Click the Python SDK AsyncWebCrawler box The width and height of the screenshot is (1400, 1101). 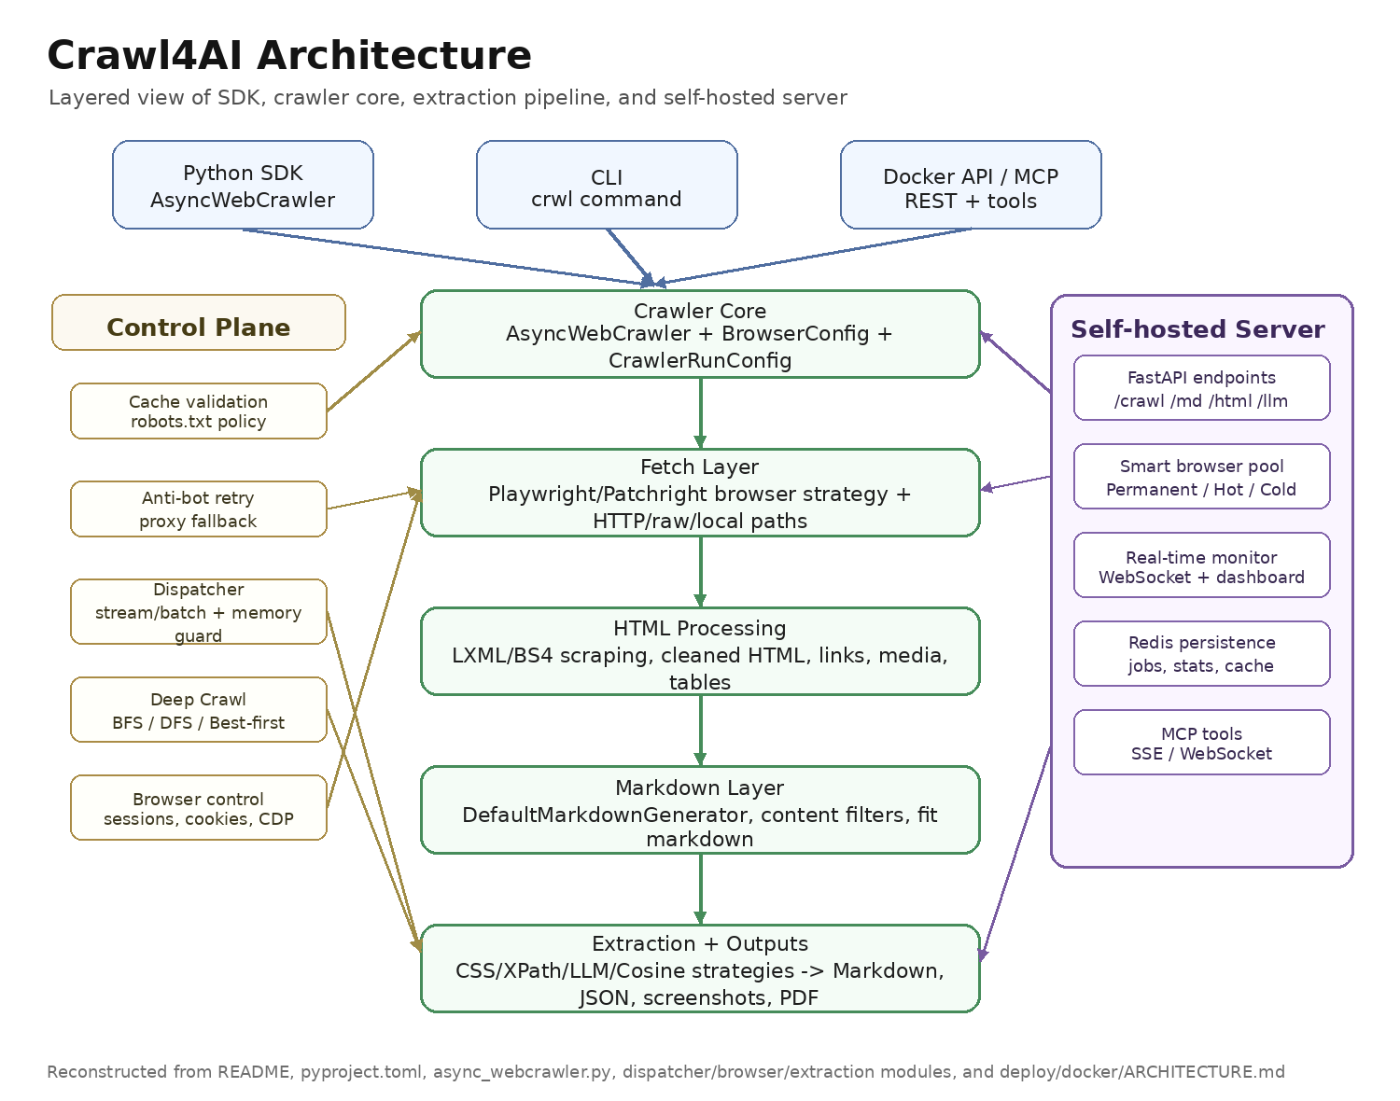[243, 185]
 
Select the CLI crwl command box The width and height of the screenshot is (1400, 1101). [607, 185]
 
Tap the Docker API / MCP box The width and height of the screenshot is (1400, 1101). [971, 185]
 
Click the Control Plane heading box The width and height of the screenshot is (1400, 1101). [199, 323]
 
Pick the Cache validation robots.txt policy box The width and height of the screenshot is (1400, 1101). [199, 411]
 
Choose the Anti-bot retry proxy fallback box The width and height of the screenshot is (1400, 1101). [199, 509]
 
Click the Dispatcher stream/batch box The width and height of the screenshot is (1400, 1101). [199, 612]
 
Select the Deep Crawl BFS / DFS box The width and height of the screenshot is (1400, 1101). [199, 709]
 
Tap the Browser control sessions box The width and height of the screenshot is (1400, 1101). [199, 808]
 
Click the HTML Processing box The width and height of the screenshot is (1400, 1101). [700, 651]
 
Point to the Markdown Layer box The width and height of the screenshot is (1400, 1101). [700, 810]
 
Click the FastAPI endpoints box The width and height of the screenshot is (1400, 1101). [1201, 387]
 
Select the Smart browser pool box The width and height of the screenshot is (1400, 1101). [1201, 477]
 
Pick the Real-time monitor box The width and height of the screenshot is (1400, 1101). [1201, 565]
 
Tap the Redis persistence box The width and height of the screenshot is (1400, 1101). [1201, 653]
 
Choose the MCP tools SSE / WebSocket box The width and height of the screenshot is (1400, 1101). [1201, 742]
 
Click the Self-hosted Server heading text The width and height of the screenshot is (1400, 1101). [1197, 329]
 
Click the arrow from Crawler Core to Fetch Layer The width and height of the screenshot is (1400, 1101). [700, 413]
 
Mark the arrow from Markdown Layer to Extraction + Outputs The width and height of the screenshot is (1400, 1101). [700, 889]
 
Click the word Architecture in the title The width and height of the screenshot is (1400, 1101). [394, 55]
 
